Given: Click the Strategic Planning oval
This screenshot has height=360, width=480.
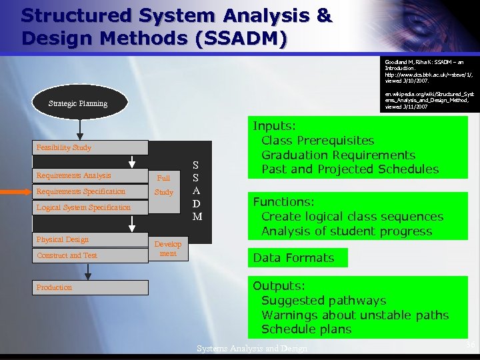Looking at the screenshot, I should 78,103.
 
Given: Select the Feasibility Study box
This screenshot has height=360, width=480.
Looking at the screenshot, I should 90,147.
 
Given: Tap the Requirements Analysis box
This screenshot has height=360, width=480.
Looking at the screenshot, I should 90,176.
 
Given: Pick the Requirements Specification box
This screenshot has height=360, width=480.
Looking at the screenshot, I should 90,192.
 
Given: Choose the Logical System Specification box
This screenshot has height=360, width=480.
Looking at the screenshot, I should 90,207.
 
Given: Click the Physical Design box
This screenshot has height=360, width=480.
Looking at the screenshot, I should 90,239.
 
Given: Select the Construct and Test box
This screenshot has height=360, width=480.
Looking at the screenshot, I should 90,255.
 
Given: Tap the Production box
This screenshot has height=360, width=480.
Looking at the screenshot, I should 90,287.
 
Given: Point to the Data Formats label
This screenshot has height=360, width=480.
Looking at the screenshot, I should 293,258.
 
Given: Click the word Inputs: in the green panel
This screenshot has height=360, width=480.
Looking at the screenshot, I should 274,126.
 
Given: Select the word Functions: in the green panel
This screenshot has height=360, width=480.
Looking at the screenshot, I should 283,202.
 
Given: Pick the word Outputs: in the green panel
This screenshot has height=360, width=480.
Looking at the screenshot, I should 279,286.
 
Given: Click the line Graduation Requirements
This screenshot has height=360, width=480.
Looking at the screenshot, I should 338,155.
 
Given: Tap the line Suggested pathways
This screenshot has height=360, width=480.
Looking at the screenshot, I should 323,301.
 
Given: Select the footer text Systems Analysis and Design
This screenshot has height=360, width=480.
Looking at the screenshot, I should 252,349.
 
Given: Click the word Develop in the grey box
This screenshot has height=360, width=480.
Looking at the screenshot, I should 168,245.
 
